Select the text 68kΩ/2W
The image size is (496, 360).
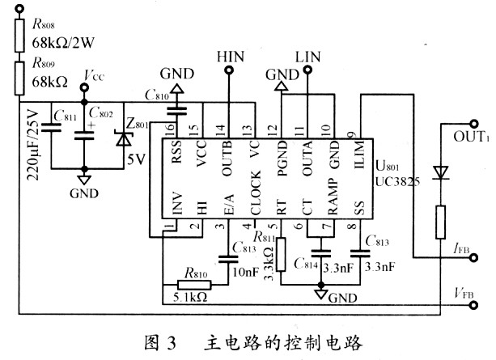tap(64, 40)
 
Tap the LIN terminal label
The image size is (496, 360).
tap(308, 57)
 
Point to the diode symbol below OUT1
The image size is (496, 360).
tap(442, 172)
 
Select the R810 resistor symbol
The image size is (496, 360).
tap(194, 285)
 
